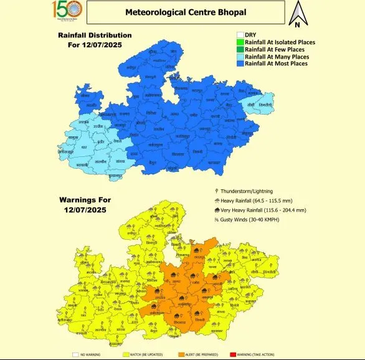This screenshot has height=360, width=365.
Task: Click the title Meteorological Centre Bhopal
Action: tap(186, 12)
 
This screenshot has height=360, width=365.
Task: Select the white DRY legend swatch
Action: tap(240, 35)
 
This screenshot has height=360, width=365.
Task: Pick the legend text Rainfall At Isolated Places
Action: tap(280, 42)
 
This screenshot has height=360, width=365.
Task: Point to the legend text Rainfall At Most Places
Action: tap(276, 64)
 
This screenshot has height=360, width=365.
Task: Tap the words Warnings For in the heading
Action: tap(85, 200)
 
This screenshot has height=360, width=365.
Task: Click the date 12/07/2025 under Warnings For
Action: tap(85, 211)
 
